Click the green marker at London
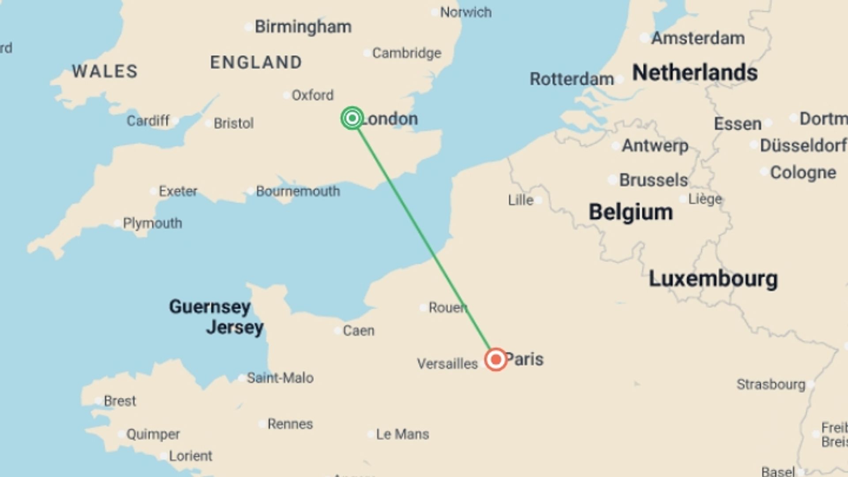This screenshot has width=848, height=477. [352, 118]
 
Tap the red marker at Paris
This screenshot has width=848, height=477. [496, 359]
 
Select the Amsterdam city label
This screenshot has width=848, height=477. [698, 38]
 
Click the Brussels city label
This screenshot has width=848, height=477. [653, 180]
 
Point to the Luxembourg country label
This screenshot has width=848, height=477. [713, 279]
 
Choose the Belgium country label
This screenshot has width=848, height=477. [631, 212]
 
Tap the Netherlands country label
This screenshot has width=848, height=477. [695, 72]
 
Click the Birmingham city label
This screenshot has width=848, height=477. [303, 27]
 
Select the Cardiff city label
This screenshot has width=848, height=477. [148, 121]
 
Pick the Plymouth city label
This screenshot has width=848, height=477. [152, 223]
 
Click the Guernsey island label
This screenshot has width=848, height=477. [210, 306]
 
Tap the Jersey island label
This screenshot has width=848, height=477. [235, 327]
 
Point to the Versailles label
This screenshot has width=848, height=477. [447, 363]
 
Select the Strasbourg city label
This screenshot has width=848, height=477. [771, 384]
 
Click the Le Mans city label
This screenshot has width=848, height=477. [402, 434]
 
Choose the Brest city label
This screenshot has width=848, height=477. [120, 401]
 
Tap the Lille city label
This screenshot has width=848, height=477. [521, 200]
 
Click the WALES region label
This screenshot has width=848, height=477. [105, 71]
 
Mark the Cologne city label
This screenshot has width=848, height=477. [803, 173]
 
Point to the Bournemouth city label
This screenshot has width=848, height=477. [298, 191]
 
